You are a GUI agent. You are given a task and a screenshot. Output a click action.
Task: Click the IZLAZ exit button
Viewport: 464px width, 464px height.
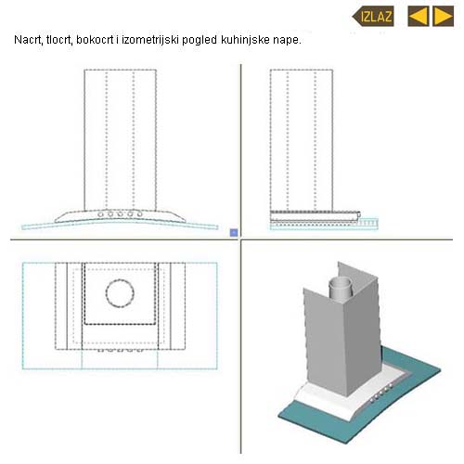tap(373, 16)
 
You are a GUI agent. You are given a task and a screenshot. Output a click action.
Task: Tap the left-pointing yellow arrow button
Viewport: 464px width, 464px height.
tap(419, 16)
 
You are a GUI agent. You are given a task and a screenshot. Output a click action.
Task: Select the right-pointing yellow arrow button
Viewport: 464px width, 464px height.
tap(443, 16)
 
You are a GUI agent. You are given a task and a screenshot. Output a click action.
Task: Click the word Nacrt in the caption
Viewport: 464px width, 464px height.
tap(29, 40)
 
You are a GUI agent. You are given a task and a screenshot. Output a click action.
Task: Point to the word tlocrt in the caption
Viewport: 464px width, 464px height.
tap(59, 40)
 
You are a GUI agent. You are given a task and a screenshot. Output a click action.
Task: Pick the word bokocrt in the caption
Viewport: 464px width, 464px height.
tap(95, 40)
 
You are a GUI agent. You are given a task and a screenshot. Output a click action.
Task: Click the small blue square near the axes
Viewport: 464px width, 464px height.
tap(234, 232)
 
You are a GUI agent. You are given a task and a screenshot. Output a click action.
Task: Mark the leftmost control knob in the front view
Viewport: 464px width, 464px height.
tap(101, 214)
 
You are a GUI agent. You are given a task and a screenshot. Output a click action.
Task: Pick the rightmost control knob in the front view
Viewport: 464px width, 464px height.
tap(140, 213)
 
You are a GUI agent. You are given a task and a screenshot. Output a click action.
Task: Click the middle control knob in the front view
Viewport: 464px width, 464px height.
tap(120, 213)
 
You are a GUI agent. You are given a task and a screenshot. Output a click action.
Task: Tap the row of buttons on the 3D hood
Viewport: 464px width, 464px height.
tap(381, 393)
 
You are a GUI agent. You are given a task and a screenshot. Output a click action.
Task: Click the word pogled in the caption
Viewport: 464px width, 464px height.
tap(200, 41)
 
